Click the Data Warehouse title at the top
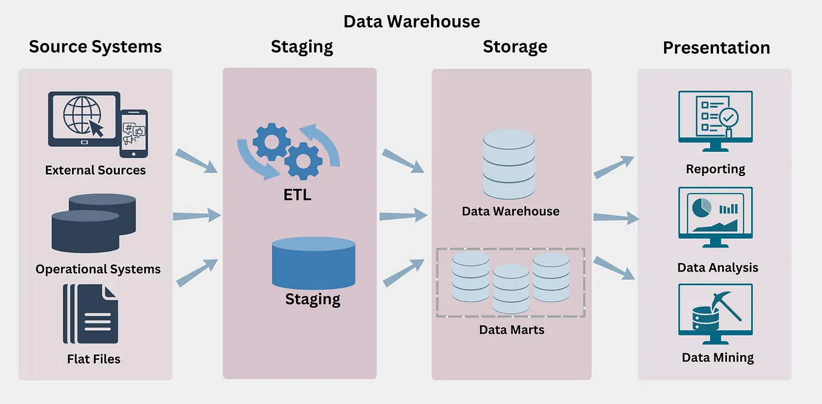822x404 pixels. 412,21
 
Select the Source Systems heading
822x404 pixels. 96,47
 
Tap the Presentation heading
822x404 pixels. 716,48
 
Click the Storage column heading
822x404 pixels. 515,47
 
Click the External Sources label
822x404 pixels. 96,170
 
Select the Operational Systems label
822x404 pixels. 98,269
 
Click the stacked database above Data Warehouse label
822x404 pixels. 509,163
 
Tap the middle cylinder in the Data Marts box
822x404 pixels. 511,288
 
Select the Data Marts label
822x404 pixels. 511,330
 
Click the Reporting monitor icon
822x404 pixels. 715,120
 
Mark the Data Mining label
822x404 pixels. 718,357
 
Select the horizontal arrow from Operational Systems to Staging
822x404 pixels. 197,215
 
